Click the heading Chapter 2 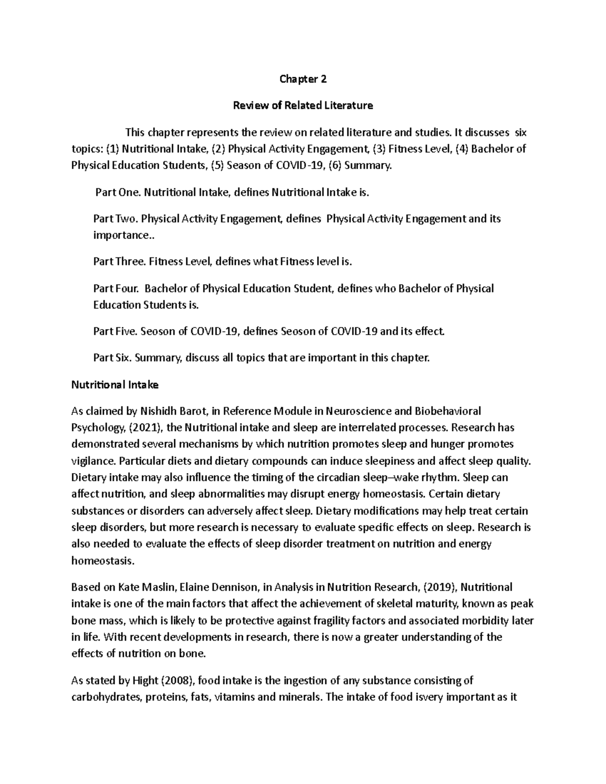[x=303, y=79]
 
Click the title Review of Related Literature [x=302, y=106]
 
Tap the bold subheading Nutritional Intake [x=115, y=385]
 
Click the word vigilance [x=93, y=461]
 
